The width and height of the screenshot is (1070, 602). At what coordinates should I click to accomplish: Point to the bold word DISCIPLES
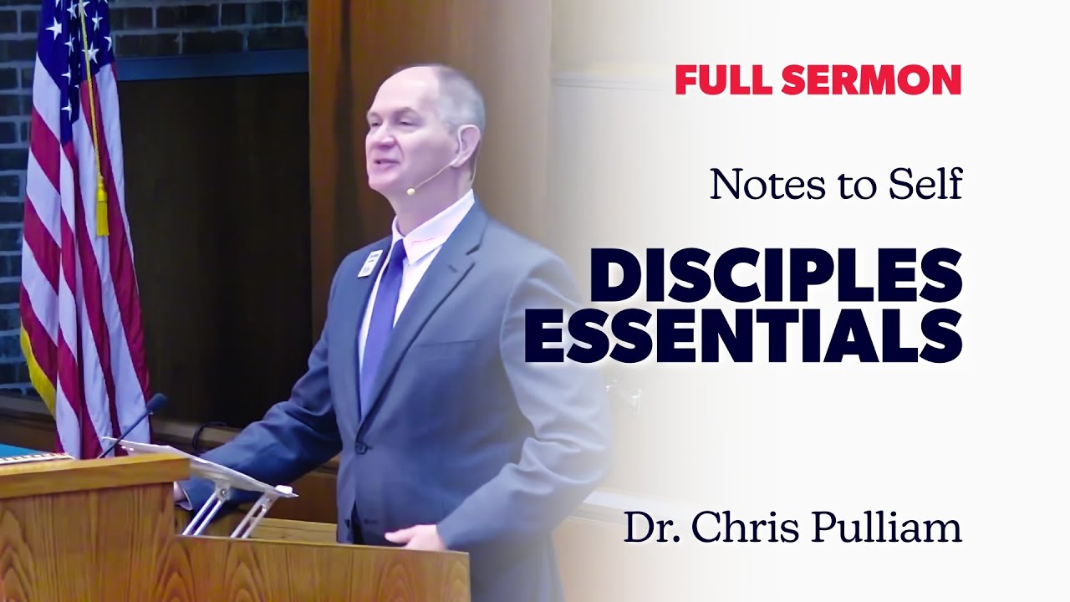click(776, 278)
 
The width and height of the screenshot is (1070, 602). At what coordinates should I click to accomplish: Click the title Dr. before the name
click(649, 528)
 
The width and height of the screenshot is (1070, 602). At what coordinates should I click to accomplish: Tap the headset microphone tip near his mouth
click(411, 191)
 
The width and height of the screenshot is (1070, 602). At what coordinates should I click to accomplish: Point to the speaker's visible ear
click(466, 144)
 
